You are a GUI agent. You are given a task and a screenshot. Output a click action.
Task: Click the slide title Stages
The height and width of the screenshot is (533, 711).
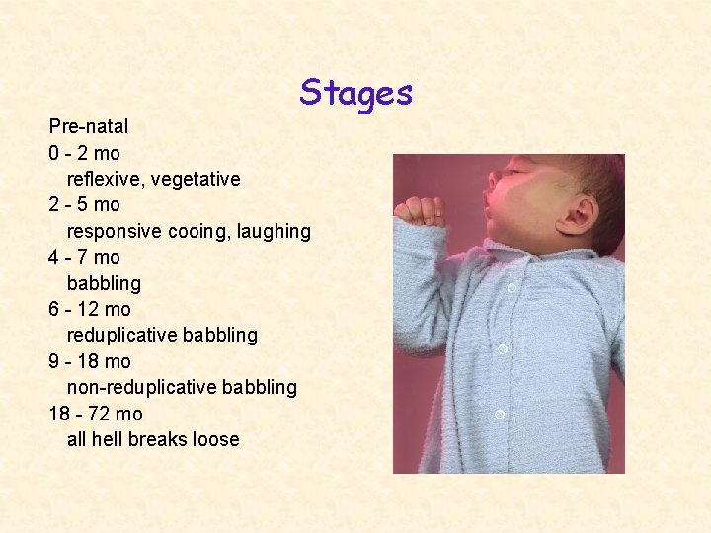(356, 93)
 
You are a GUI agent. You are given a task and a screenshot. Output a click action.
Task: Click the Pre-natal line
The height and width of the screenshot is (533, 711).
(89, 127)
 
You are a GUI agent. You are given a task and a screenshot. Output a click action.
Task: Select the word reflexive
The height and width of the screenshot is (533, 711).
(104, 179)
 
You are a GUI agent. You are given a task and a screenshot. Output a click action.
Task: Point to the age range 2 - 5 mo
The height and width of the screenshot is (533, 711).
(84, 204)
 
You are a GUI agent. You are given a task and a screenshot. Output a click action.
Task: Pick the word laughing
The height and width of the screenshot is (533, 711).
(272, 231)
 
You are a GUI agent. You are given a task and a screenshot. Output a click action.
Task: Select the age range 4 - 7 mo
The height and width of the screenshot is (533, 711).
(84, 257)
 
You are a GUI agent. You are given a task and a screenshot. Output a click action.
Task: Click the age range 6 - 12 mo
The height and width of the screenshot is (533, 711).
(90, 309)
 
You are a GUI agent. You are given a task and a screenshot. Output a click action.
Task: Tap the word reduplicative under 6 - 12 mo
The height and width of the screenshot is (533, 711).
(123, 335)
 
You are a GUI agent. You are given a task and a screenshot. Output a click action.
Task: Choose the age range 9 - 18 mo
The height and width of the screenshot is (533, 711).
(90, 361)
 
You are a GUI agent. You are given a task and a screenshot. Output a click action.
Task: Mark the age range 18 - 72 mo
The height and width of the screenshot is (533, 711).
(96, 414)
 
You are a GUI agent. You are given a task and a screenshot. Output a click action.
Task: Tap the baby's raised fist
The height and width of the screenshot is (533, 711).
(420, 209)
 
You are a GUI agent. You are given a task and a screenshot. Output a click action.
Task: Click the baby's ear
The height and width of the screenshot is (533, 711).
(580, 212)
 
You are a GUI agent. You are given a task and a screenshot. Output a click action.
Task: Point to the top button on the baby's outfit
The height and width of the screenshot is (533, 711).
(512, 288)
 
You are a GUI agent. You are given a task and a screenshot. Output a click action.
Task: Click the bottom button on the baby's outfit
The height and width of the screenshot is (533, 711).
(500, 414)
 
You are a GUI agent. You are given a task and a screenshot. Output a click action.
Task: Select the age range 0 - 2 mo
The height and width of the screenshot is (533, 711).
(84, 153)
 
